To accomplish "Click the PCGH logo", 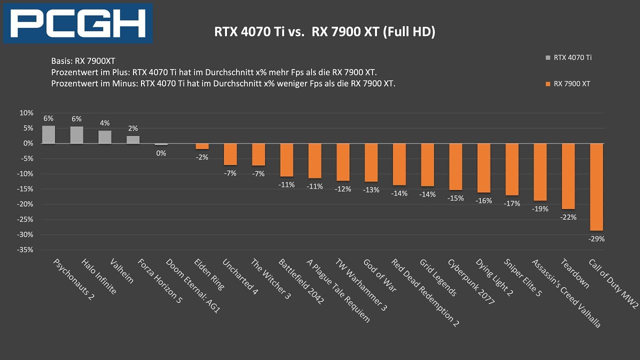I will (x=78, y=23).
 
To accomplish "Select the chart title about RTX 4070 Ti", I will (x=324, y=32).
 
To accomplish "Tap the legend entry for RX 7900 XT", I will (x=571, y=83).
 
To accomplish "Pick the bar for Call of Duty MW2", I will (x=596, y=187).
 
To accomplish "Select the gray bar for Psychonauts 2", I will (x=48, y=134).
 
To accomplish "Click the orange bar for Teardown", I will (x=568, y=176).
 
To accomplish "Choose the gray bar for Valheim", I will (x=105, y=137).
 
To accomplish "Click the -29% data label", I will (x=596, y=239).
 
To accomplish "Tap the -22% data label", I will (x=568, y=217).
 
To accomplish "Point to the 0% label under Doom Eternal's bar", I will (x=161, y=153).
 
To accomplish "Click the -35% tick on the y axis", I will (x=25, y=250).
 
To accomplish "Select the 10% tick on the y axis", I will (x=26, y=113).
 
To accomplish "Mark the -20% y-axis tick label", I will (x=25, y=204).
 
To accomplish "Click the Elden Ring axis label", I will (x=209, y=274).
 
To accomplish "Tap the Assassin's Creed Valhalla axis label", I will (x=566, y=293).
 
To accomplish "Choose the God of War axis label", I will (x=379, y=275).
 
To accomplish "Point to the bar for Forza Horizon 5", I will (x=133, y=139).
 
